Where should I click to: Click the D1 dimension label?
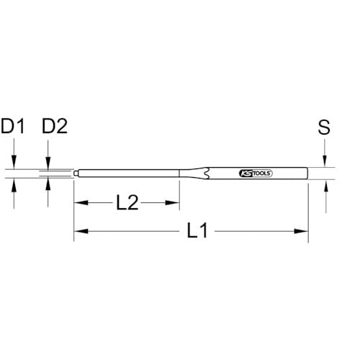[x=13, y=127]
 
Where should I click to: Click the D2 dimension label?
[x=54, y=127]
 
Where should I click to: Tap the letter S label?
[x=324, y=127]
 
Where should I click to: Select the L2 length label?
[x=127, y=203]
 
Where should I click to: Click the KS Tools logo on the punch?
[x=256, y=174]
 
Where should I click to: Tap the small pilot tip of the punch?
[x=76, y=173]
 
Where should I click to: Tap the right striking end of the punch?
[x=306, y=174]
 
